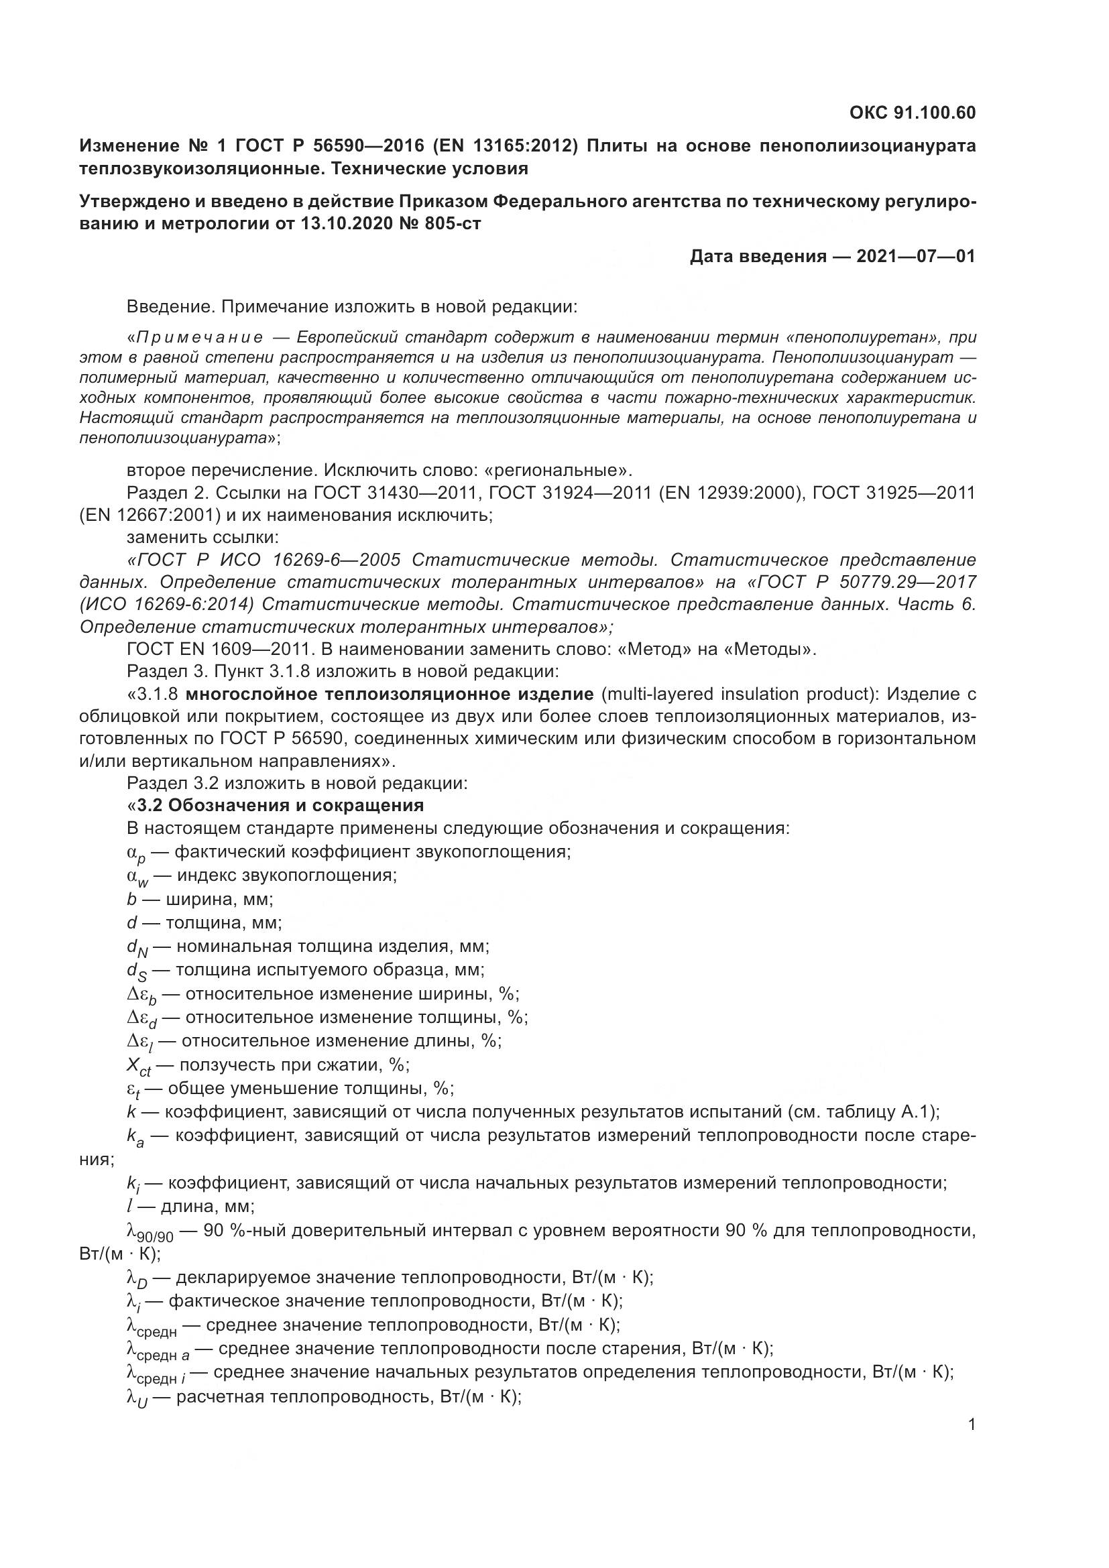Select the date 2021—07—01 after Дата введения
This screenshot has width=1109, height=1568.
click(x=916, y=257)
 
